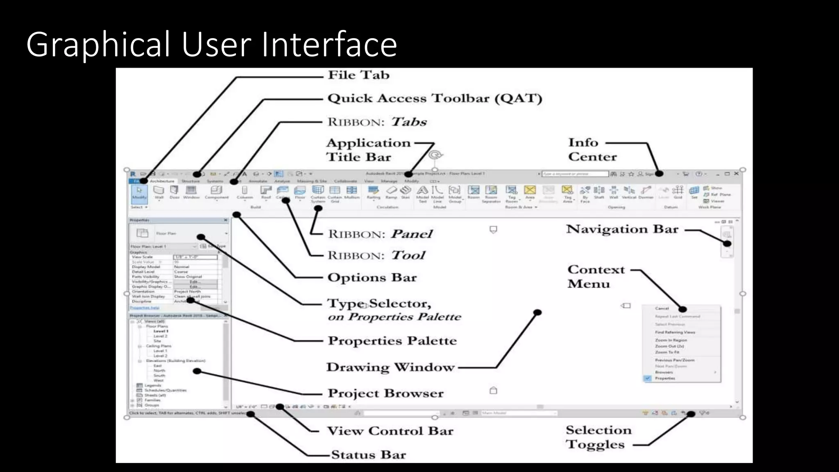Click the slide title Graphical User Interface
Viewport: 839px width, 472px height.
click(x=211, y=44)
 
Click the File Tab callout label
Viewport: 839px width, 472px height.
click(x=358, y=75)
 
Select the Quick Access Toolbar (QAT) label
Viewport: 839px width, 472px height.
click(x=435, y=98)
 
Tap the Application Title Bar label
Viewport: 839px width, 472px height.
click(x=368, y=150)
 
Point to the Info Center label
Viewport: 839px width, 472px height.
click(x=592, y=150)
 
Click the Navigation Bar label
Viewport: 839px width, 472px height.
click(x=622, y=229)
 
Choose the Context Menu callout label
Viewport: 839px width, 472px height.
click(x=596, y=277)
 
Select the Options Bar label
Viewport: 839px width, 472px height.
click(x=372, y=277)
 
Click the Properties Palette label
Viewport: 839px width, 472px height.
click(x=392, y=340)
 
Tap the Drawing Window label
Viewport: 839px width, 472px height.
click(x=390, y=367)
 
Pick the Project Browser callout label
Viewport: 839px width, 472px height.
click(x=385, y=393)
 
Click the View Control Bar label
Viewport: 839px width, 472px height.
click(x=390, y=431)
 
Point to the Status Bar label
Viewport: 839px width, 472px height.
click(x=368, y=455)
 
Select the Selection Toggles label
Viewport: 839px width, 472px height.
click(x=598, y=437)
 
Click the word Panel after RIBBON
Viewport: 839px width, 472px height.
click(x=411, y=234)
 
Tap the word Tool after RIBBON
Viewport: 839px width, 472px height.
click(x=408, y=255)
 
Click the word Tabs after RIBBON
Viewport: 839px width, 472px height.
click(x=408, y=122)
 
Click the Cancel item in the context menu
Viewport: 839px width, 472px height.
click(x=662, y=309)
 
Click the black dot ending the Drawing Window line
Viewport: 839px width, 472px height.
click(x=537, y=313)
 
